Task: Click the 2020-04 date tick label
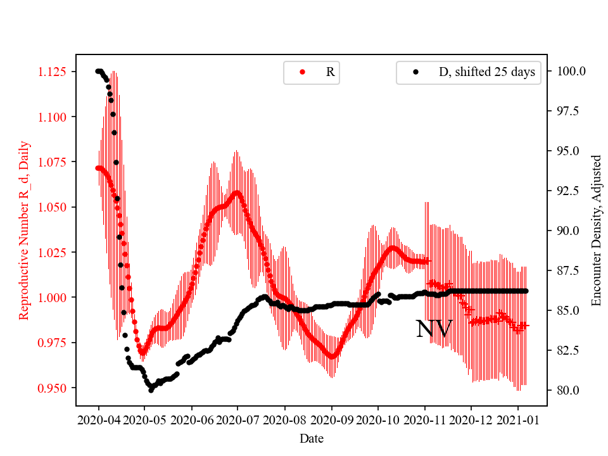[x=98, y=420]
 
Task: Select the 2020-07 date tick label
[x=237, y=420]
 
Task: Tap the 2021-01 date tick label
[x=517, y=420]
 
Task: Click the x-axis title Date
[x=311, y=438]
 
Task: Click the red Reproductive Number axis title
[x=23, y=230]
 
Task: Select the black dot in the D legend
[x=415, y=72]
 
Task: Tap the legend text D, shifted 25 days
[x=486, y=72]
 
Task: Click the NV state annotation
[x=434, y=329]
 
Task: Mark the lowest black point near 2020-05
[x=151, y=390]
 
